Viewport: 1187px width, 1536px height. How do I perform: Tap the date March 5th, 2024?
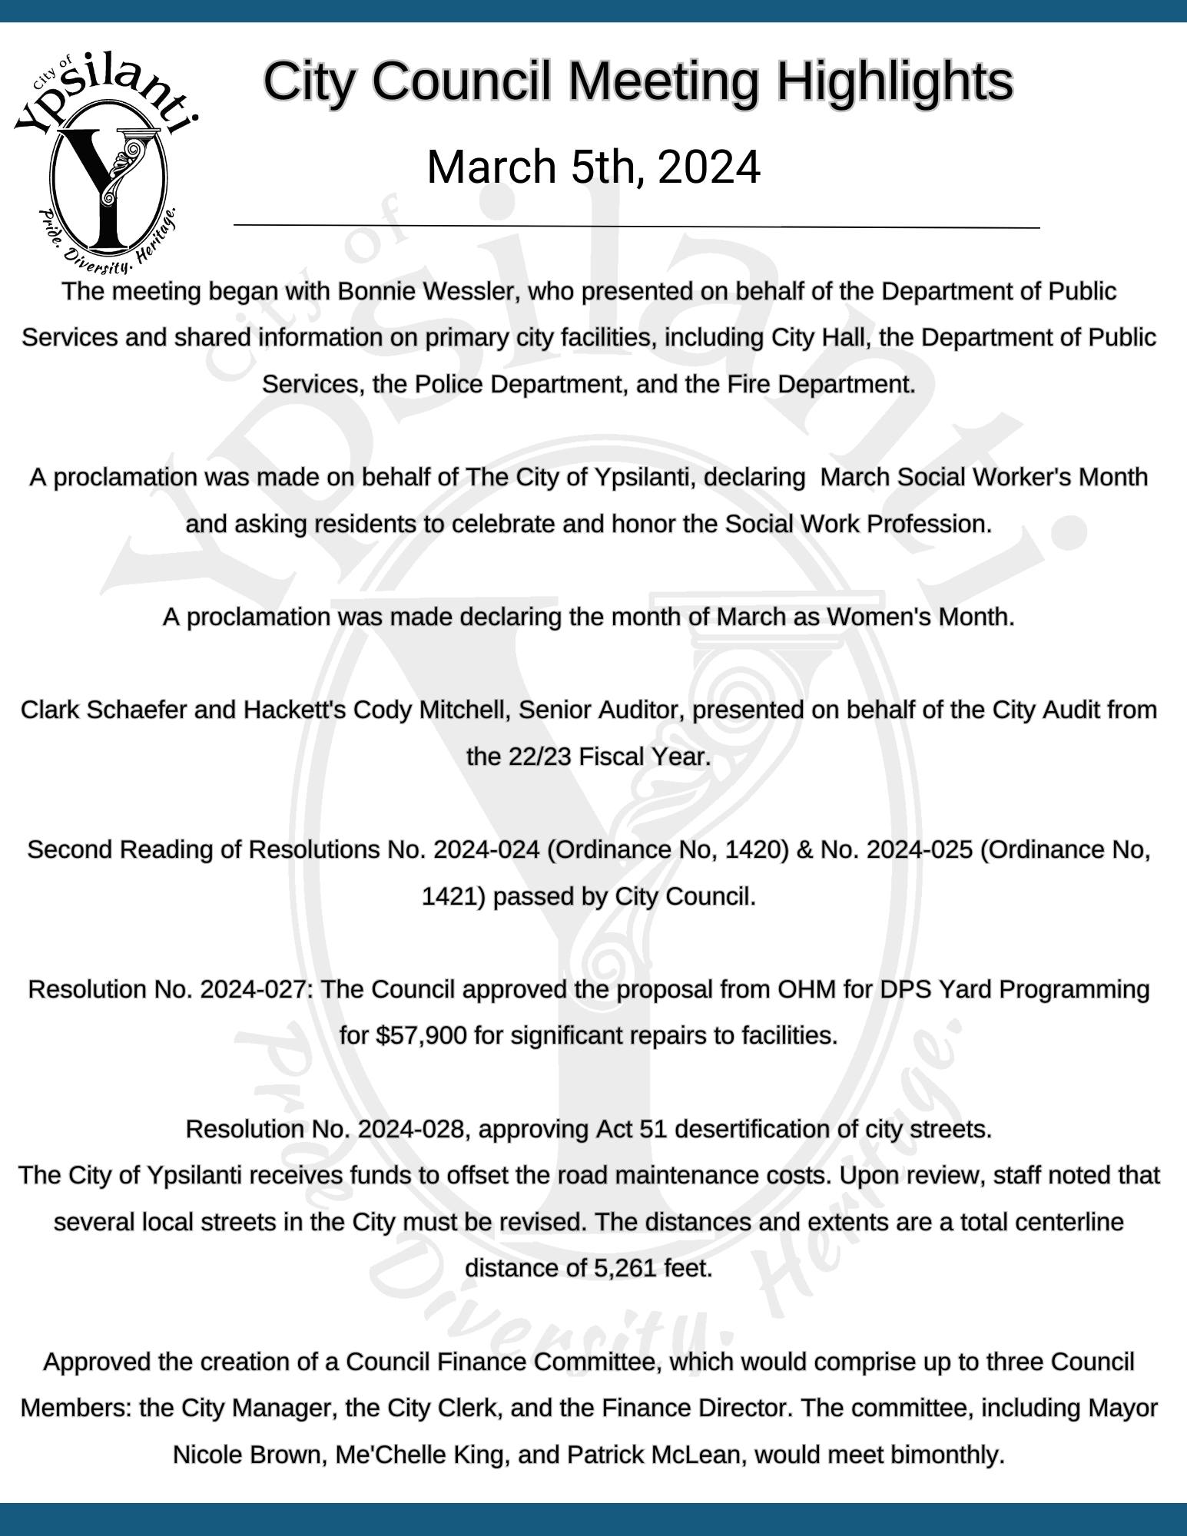[593, 167]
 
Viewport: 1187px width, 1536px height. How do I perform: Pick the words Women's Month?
[920, 617]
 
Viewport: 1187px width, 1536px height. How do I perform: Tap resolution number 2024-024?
[486, 850]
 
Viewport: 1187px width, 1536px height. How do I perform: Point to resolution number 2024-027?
[253, 990]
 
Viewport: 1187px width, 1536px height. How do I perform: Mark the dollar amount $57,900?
[421, 1037]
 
